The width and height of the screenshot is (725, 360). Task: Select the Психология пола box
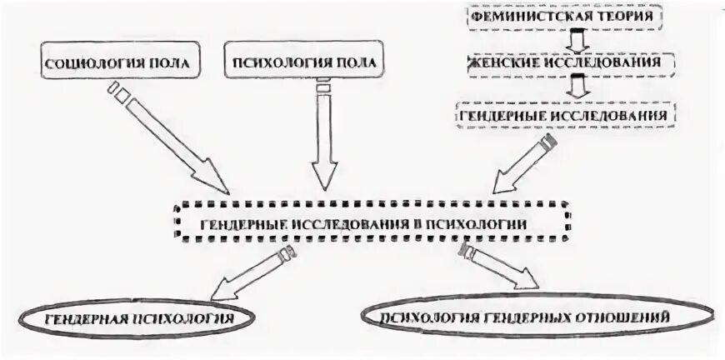pyautogui.click(x=306, y=64)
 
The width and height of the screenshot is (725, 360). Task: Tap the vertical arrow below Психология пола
pyautogui.click(x=324, y=133)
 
